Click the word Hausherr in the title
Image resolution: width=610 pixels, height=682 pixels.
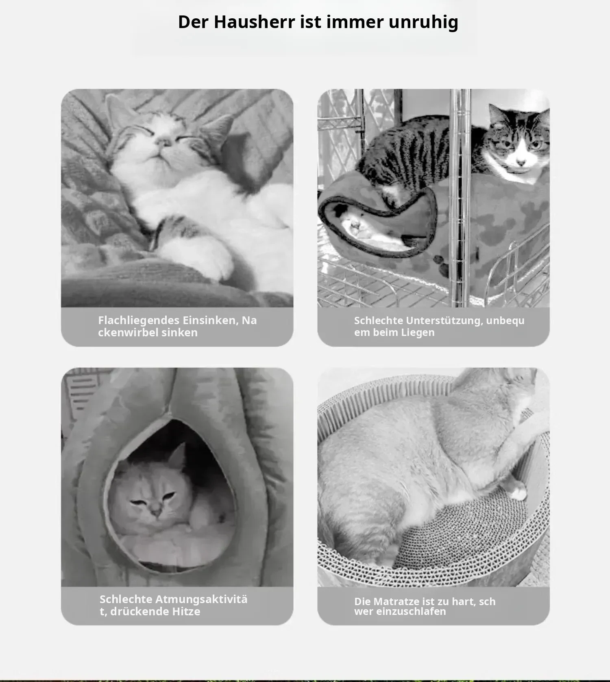pos(254,22)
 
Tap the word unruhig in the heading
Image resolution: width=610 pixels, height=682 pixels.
pos(423,22)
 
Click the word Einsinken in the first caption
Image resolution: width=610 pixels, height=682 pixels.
pos(211,320)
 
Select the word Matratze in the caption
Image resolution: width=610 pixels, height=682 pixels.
pos(396,601)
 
